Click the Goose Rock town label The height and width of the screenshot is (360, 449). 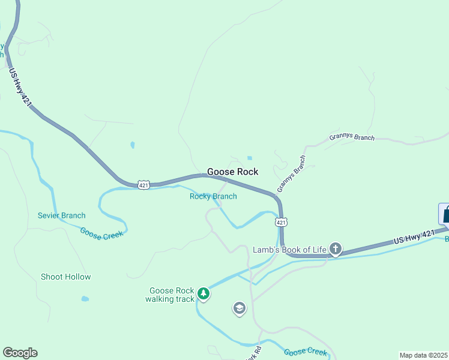tap(232, 172)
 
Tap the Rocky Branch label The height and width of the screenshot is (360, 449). tap(213, 196)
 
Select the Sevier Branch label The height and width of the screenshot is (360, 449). tap(61, 215)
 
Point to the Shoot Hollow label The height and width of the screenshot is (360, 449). tap(65, 277)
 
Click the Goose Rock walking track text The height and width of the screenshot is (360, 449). tap(171, 295)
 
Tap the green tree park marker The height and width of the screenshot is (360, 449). tap(204, 293)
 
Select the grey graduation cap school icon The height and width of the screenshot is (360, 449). tap(239, 308)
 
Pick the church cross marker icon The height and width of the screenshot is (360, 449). tap(336, 248)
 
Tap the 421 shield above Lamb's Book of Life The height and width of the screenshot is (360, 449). tap(282, 222)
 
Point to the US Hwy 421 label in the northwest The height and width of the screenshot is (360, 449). tap(20, 88)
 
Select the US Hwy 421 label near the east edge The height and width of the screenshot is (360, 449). tap(414, 236)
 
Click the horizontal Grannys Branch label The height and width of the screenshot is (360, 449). tap(351, 137)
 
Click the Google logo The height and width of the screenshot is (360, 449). tap(20, 353)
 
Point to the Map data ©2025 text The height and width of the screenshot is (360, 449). tap(423, 355)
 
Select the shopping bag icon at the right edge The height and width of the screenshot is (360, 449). tap(444, 214)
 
